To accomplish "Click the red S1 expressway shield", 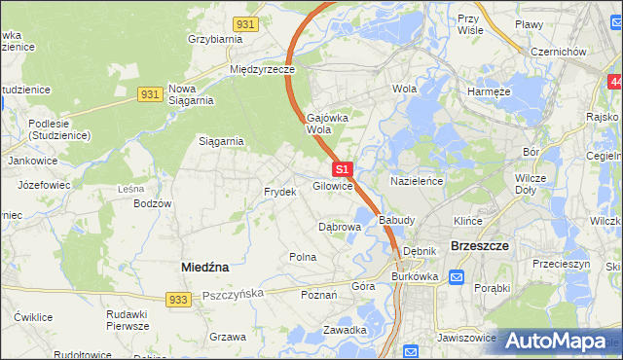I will [x=342, y=169].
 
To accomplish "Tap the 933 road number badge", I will [x=176, y=300].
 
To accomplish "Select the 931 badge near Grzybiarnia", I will [x=246, y=22].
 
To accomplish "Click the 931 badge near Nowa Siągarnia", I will [x=149, y=93].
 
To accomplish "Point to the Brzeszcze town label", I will [x=480, y=246].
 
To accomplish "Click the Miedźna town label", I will [x=204, y=266].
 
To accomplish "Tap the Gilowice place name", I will [x=332, y=186].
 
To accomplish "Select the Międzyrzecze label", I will [x=262, y=70].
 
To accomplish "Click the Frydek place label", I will [x=279, y=192].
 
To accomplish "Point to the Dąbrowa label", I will [x=341, y=226].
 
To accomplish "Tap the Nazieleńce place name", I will [x=417, y=181].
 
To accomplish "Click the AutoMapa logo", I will [x=558, y=342].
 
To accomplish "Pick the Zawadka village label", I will [x=345, y=330].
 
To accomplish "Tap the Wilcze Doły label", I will [x=531, y=184].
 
